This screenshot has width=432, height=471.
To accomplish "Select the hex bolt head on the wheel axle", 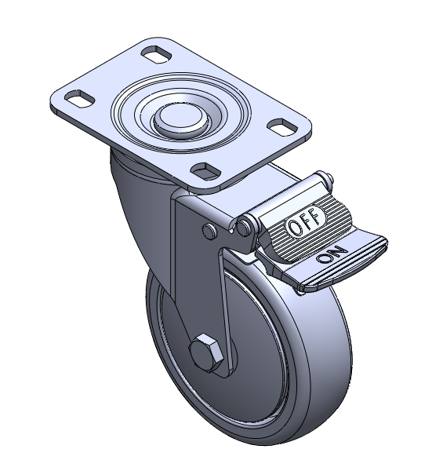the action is pos(205,352).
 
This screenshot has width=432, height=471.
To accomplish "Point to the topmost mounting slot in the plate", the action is pos(156,55).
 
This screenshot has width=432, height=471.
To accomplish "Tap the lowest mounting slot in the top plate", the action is pos(205,171).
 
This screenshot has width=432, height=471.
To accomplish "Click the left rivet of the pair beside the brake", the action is pos(209,231).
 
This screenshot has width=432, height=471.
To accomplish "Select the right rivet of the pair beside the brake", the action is pos(245,228).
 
